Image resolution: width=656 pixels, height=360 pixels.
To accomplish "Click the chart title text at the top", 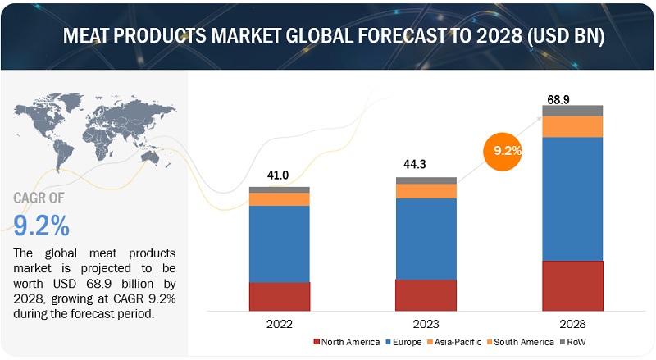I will pos(328,38).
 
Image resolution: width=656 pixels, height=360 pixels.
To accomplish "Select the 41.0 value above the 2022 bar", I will pos(279,175).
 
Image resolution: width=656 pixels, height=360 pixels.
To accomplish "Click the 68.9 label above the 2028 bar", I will pos(558,99).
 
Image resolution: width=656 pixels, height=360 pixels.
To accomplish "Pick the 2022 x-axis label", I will pos(279,322).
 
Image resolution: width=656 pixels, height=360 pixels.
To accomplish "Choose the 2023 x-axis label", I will pos(426,322).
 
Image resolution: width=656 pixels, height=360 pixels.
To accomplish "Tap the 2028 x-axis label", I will pos(572,322).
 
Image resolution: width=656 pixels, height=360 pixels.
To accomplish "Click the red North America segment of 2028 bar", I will pos(572,285).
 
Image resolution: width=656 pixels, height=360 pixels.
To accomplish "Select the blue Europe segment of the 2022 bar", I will pos(279,244).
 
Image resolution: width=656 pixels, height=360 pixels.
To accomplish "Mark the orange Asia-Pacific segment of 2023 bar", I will pos(426,190).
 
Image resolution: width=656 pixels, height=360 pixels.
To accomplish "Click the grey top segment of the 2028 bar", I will pos(572,111).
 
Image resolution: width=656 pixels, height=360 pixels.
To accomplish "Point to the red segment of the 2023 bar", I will pos(426,294).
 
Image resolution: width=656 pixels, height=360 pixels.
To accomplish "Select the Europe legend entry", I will pos(404,341).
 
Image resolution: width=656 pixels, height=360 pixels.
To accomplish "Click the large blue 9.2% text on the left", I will pos(42,223).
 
